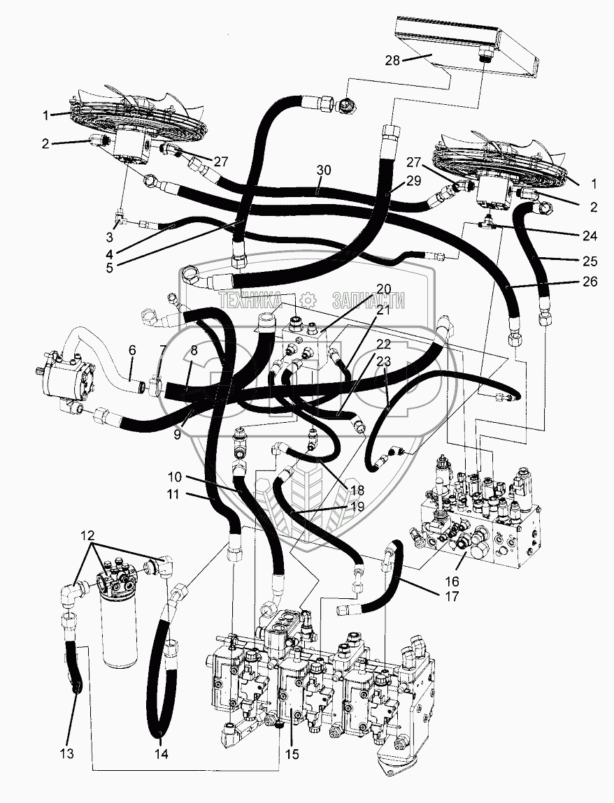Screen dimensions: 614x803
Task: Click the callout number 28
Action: (392, 60)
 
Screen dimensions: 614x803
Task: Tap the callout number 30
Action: (323, 171)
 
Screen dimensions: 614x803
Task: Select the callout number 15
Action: (291, 754)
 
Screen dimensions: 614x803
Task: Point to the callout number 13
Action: (66, 753)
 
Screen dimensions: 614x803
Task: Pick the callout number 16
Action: (452, 581)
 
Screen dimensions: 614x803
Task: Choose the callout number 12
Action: (87, 535)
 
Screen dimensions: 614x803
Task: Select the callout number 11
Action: (173, 495)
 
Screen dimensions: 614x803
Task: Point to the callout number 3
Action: (109, 237)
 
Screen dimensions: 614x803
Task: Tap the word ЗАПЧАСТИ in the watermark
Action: (369, 300)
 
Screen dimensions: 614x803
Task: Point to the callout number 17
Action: (452, 597)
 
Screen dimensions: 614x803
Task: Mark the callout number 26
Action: (590, 281)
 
